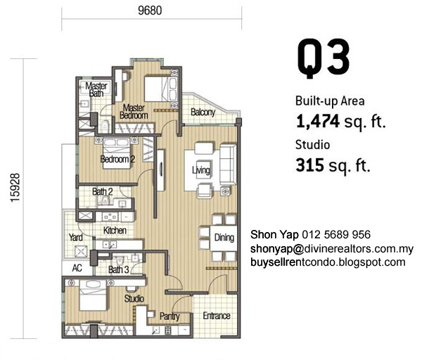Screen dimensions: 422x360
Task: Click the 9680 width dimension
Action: coord(150,11)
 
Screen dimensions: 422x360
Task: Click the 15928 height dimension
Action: coord(15,188)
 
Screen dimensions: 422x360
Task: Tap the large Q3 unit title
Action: coord(324,59)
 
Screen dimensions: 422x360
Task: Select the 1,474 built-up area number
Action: coord(318,122)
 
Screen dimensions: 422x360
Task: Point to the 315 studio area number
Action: coord(309,165)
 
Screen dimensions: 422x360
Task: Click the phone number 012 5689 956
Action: coord(336,235)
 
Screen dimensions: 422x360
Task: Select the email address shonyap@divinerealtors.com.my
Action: coord(331,249)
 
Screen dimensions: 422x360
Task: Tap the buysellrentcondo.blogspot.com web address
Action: coord(328,262)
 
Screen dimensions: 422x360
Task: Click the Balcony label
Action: coord(203,112)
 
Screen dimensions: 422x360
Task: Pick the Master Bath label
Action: coord(96,89)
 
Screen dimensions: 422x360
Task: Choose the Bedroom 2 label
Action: coord(117,160)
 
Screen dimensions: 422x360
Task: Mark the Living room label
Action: coord(201,170)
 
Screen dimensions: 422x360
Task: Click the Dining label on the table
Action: coord(224,238)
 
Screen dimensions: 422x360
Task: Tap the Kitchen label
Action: coord(115,231)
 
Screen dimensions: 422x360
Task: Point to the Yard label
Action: coord(76,238)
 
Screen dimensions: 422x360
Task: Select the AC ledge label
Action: coord(77,268)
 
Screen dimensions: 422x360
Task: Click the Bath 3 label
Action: coord(119,269)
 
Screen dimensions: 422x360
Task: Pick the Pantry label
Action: coord(170,316)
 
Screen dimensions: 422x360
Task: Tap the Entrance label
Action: coord(217,315)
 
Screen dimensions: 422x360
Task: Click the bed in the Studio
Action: coord(93,295)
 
